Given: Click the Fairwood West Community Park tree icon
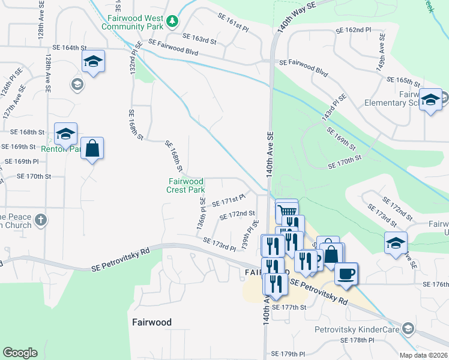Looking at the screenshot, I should click(173, 21).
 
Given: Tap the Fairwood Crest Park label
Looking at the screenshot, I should click(186, 185).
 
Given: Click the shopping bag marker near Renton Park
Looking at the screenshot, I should click(92, 148).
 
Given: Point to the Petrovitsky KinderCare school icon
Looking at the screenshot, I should click(409, 329).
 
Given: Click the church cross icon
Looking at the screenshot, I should click(40, 220).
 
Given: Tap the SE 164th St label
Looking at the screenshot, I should click(70, 47).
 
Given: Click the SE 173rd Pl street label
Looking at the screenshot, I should click(219, 244).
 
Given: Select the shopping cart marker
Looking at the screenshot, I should click(287, 211).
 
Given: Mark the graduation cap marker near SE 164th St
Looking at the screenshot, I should click(93, 61).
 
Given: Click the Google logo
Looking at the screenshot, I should click(20, 353).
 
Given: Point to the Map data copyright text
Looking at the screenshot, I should click(423, 355).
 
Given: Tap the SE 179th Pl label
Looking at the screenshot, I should click(288, 354).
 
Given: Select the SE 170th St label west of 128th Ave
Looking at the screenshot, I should click(34, 176).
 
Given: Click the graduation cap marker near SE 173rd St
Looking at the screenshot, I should click(395, 243).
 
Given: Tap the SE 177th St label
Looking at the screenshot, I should click(289, 307).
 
